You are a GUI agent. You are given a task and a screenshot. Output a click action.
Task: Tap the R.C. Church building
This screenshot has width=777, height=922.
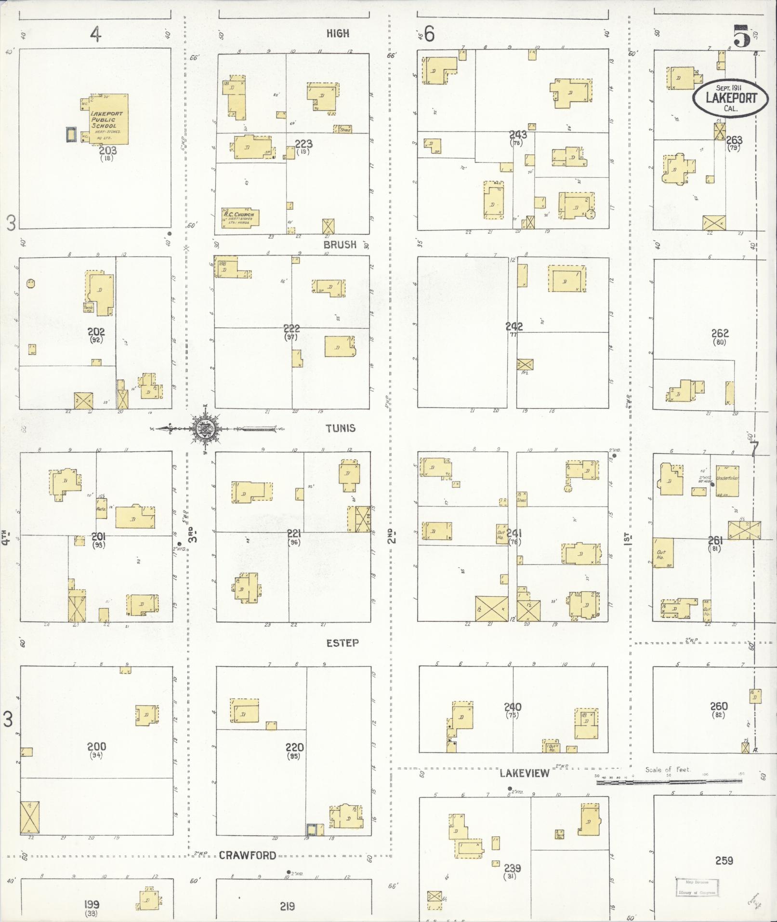pos(240,218)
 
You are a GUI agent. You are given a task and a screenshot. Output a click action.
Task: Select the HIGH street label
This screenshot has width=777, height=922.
pos(338,34)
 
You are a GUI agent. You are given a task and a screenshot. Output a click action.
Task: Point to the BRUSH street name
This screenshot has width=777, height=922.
pos(340,245)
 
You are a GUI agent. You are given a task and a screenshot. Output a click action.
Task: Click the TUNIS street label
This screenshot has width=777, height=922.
pos(340,428)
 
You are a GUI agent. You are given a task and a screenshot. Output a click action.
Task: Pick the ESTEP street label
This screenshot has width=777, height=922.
pos(342,643)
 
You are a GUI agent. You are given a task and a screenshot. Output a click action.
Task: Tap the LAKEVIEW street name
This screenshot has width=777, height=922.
pos(524,774)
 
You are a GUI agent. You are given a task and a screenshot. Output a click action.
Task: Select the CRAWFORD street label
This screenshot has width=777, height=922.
pos(248,855)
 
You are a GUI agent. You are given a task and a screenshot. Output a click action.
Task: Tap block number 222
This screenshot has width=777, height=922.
pos(291,329)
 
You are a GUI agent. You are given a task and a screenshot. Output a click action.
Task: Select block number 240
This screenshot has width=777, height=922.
pos(513,707)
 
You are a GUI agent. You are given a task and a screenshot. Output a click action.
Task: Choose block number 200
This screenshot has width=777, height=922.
pos(96,747)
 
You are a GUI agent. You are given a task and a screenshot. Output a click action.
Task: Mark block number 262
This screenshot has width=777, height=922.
pos(720,333)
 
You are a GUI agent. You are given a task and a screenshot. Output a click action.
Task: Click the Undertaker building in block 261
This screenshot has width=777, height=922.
pos(727,481)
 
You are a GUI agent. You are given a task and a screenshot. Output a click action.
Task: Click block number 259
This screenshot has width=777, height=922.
pos(724,860)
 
